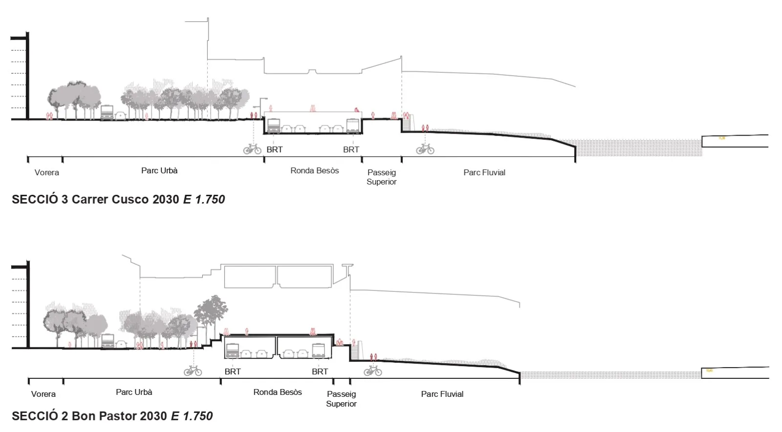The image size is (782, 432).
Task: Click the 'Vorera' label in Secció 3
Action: pos(46,172)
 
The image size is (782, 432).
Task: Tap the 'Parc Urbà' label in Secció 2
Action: pos(134,392)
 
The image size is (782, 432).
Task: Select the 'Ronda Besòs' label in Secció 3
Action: pos(314,170)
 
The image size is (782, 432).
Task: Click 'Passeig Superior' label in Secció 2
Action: pos(341,398)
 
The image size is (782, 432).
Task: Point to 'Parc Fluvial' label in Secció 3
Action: pos(484,172)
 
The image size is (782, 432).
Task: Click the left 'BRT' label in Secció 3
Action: pos(274,149)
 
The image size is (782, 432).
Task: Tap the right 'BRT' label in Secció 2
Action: pos(320,371)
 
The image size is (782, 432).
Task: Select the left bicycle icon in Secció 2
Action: pos(193,371)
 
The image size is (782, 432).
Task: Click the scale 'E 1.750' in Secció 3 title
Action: pos(204,199)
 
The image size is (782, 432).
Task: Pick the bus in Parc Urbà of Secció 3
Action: pos(107,113)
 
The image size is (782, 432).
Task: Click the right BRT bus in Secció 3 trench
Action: pos(353,126)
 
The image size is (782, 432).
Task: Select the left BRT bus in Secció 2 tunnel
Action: pos(232,350)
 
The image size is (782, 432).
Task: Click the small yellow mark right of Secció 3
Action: pos(722,138)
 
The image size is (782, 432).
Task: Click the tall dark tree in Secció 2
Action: pos(212,312)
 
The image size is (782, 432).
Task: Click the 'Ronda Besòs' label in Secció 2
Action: pos(277,392)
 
